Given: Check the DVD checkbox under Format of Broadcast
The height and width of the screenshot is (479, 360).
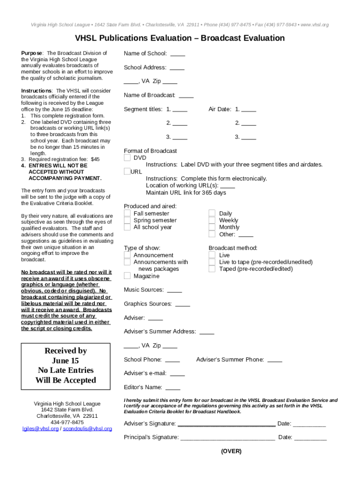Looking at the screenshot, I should [x=127, y=158].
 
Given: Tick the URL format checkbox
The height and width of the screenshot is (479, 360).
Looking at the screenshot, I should [x=127, y=172].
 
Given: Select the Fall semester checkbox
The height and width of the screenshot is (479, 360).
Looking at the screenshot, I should [x=127, y=213].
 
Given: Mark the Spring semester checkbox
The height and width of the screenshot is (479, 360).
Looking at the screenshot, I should [x=127, y=220].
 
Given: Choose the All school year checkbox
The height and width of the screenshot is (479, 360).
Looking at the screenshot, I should [x=127, y=227].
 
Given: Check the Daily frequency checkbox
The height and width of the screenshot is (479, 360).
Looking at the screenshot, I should [x=212, y=213].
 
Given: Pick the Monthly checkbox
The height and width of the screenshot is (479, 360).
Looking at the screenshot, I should [x=212, y=227].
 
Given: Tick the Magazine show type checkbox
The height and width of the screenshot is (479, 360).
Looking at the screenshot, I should [x=127, y=276].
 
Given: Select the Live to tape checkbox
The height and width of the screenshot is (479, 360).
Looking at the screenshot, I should [x=212, y=262].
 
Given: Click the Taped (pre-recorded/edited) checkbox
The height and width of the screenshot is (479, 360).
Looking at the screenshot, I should [x=212, y=269].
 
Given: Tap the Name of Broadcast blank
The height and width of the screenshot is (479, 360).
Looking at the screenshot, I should [x=186, y=95].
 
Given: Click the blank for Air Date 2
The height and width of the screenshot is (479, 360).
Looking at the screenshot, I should [x=249, y=123].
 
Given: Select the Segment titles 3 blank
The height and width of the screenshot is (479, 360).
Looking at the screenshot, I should [x=180, y=138].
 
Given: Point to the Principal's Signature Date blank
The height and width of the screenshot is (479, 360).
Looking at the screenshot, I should [x=310, y=438].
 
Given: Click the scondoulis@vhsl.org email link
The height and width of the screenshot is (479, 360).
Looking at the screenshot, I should [x=87, y=428].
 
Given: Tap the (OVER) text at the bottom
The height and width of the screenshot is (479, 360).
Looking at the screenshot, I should [x=231, y=451].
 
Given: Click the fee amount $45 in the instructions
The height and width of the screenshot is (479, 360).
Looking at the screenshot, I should [x=95, y=160].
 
